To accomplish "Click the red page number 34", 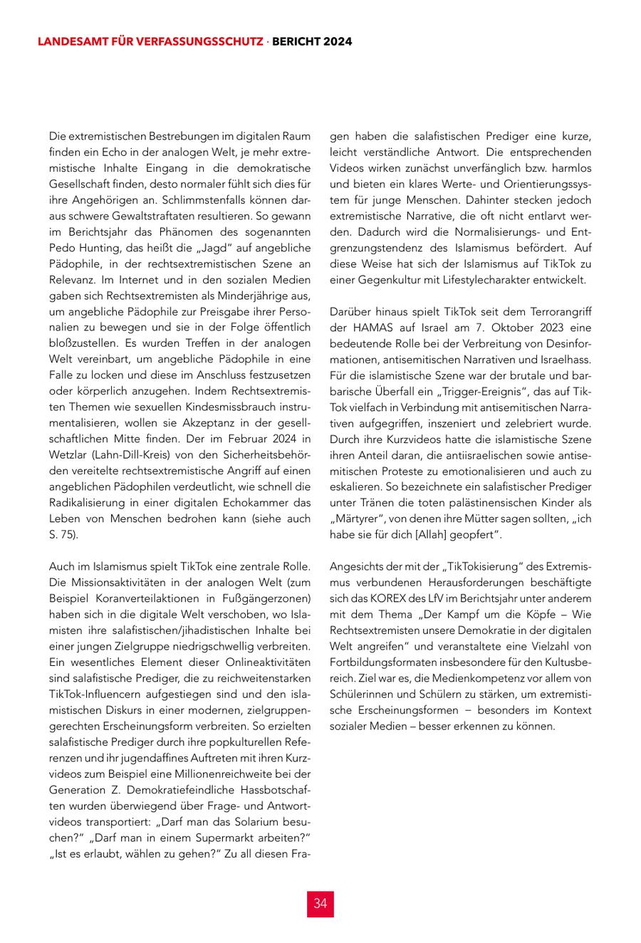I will click(x=320, y=903).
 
